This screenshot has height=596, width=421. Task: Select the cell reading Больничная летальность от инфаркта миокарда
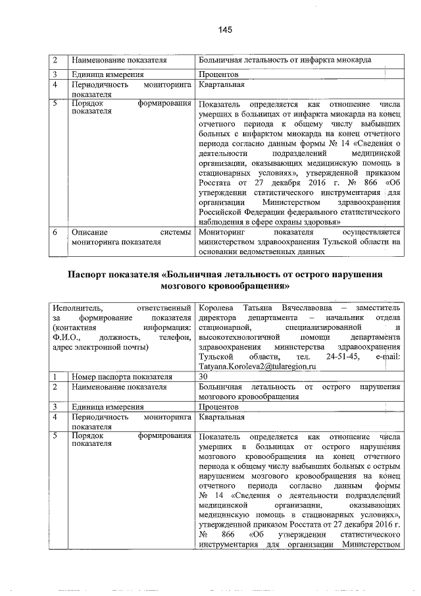tap(285, 61)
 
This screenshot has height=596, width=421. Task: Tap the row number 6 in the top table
tap(56, 232)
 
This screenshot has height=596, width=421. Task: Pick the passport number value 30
tap(203, 377)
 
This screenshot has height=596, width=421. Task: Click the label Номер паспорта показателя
tap(122, 377)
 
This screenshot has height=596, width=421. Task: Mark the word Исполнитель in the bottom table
tap(76, 308)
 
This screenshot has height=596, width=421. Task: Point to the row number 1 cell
tap(56, 377)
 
